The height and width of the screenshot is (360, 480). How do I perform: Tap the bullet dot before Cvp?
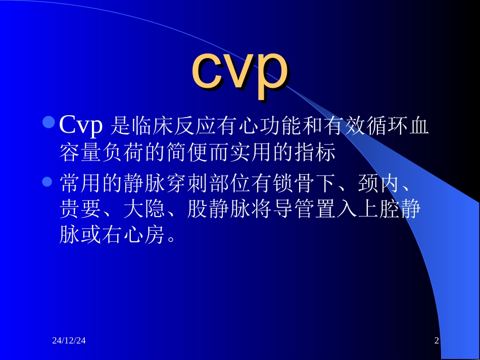tap(49, 122)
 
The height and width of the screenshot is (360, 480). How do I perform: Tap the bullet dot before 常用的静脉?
tap(49, 181)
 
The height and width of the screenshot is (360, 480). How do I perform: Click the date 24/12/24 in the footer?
tap(69, 341)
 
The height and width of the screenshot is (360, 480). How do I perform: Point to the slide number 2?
tap(437, 341)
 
